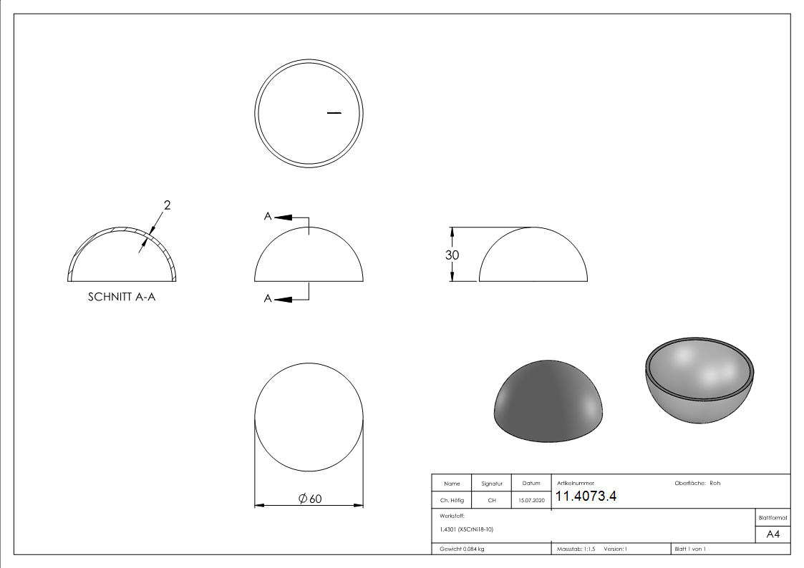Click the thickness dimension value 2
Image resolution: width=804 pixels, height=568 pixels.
(x=167, y=206)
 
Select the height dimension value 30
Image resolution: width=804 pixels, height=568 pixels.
(x=452, y=255)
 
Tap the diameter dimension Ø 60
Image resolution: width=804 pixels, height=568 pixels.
(x=309, y=499)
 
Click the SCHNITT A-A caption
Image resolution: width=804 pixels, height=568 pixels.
(x=121, y=297)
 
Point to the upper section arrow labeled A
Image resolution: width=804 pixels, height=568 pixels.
(x=284, y=217)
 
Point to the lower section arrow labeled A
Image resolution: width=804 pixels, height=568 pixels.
(x=284, y=299)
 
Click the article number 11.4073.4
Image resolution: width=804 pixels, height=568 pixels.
(x=586, y=496)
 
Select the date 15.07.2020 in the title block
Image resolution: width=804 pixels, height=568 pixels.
(x=531, y=501)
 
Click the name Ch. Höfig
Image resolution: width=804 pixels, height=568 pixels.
(x=452, y=501)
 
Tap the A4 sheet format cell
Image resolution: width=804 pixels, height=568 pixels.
(x=772, y=534)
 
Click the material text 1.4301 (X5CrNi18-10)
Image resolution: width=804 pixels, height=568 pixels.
(x=467, y=529)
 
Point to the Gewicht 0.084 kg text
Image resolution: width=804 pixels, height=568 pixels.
(x=462, y=549)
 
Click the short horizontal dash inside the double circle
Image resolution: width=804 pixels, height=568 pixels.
(x=334, y=112)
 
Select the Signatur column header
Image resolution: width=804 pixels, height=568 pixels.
(x=492, y=484)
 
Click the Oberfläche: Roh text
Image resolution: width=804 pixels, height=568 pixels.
(x=697, y=483)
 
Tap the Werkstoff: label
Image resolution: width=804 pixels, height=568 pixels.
(x=452, y=515)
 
